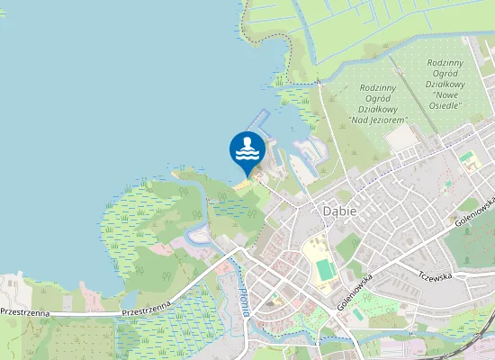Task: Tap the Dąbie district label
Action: pos(338,211)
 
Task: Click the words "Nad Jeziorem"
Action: pos(379,120)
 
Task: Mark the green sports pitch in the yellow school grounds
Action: pos(324,268)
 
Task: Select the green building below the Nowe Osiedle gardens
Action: pos(466,158)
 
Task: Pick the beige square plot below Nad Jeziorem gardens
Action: pos(400,138)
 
